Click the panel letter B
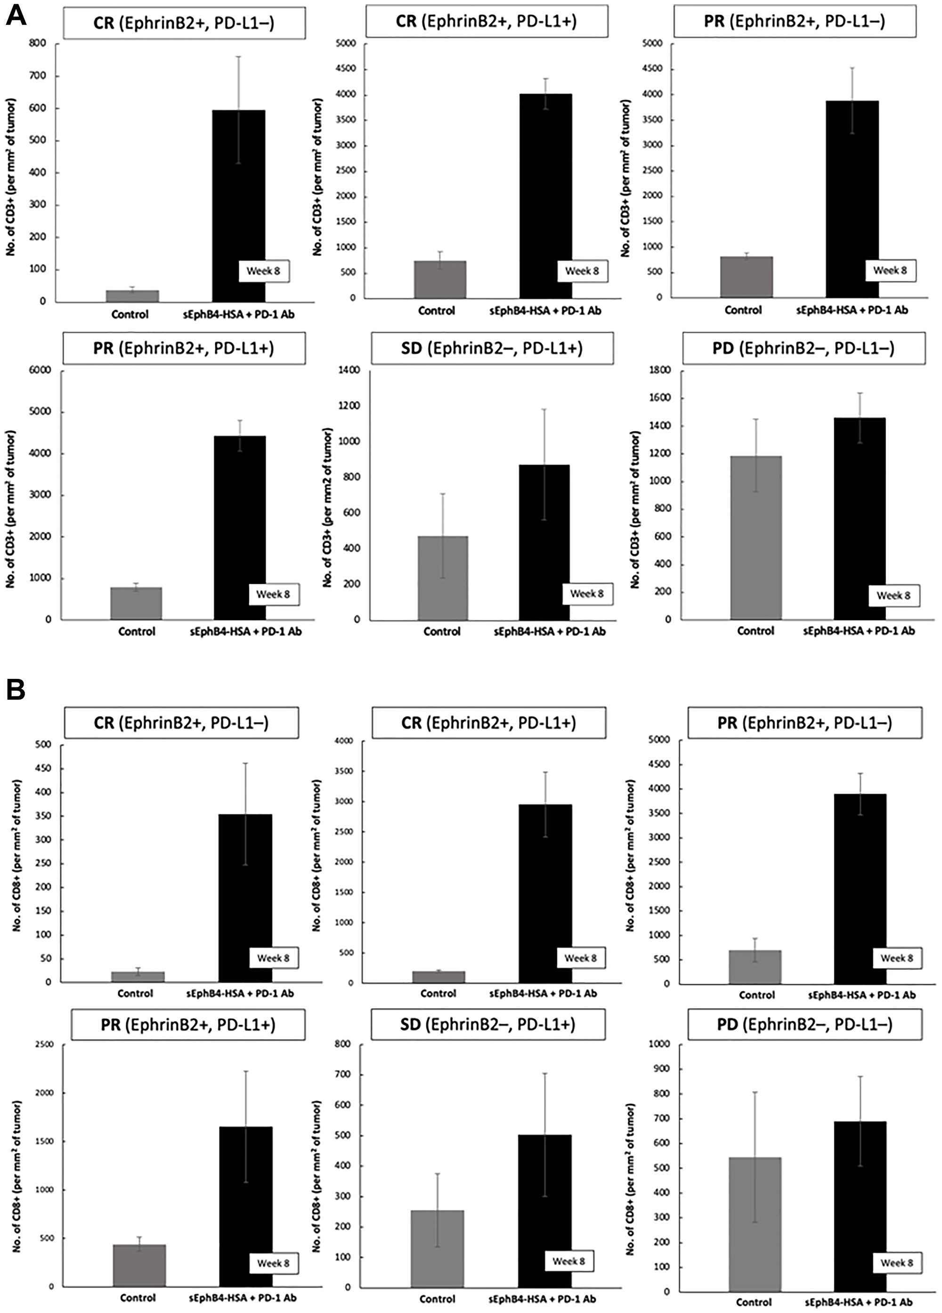coord(15,690)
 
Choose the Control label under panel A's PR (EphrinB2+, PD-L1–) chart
coord(743,310)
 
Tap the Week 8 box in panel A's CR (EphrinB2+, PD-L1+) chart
coord(582,271)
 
